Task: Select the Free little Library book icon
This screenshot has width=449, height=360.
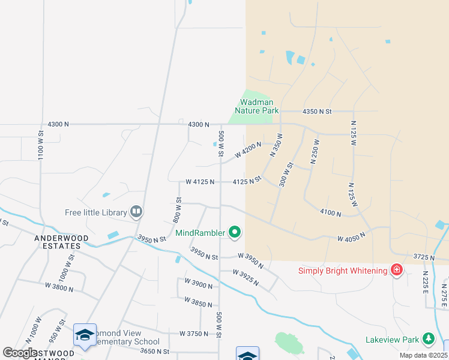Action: [x=137, y=212]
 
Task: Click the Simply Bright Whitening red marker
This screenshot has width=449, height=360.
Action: [x=396, y=271]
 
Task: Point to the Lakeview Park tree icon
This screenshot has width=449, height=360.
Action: [x=428, y=340]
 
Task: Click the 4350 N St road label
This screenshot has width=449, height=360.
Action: [x=318, y=112]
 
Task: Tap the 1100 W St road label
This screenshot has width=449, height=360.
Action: [x=41, y=144]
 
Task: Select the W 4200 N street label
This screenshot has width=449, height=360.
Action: [x=248, y=150]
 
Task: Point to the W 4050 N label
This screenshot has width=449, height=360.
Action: [x=351, y=238]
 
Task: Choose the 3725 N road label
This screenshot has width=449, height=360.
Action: [x=424, y=257]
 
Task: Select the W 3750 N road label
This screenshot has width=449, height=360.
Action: [x=193, y=334]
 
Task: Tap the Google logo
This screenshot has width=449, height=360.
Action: [x=20, y=352]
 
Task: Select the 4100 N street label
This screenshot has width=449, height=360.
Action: [x=331, y=212]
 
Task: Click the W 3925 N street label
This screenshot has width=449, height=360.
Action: [x=252, y=277]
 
